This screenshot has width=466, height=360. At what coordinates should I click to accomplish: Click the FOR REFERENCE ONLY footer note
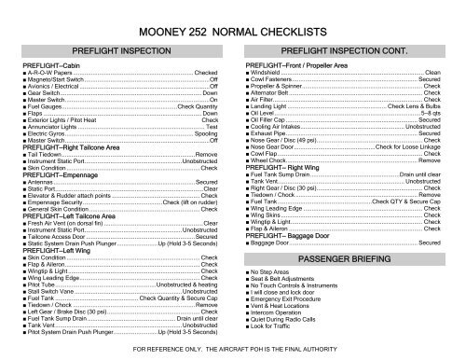click(233, 350)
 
